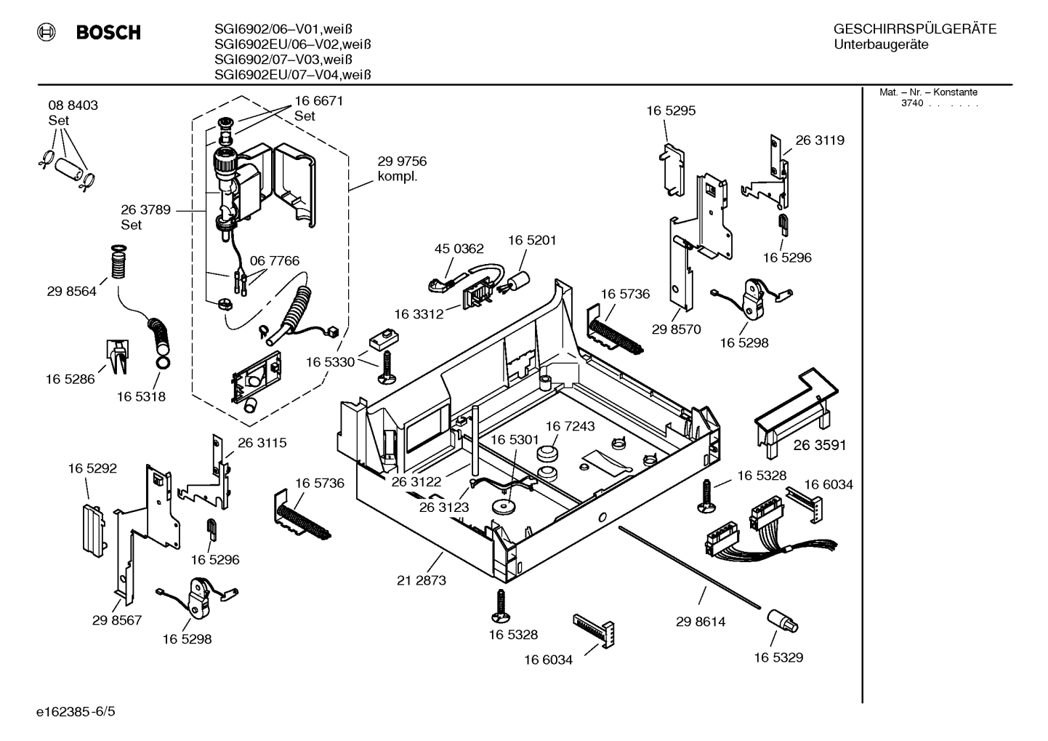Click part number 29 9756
coord(401,161)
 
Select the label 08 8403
coord(73,105)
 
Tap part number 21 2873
coord(422,580)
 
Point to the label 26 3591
coord(820,445)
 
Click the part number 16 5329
coord(778,657)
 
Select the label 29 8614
coord(701,622)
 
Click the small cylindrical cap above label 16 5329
coord(781,622)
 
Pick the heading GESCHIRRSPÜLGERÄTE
coord(915,29)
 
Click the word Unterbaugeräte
coord(881,44)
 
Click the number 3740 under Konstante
coord(912,103)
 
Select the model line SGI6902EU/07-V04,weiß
coord(293,74)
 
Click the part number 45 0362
coord(459,248)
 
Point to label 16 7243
coord(570,426)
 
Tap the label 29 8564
coord(71,292)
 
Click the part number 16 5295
coord(671,111)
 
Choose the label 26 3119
coord(820,140)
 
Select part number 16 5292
coord(92,468)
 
